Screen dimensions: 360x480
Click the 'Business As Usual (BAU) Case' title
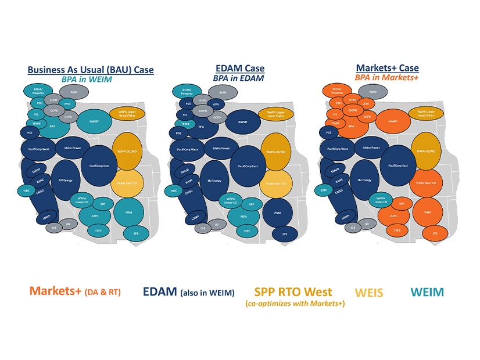coord(91,70)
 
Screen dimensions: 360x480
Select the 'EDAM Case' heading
coord(239,69)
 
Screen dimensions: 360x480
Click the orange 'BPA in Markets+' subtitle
coord(388,78)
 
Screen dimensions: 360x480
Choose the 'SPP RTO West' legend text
coord(293,291)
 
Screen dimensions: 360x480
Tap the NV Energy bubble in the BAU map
coord(66,181)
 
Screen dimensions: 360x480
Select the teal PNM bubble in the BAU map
coord(128,213)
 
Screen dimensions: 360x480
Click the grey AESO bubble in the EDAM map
coord(222,92)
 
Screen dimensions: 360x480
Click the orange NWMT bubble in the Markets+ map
coord(392,122)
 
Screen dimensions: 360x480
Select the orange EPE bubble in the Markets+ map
coord(434,233)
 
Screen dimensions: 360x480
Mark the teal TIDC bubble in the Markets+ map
coord(324,190)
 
